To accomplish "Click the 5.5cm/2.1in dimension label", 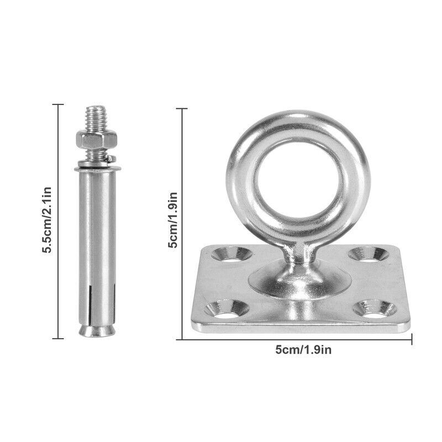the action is [47, 220].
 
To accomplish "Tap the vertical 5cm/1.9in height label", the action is [172, 220].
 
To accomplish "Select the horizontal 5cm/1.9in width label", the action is [303, 350].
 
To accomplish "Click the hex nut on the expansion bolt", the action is [96, 139].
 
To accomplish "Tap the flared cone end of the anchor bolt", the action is [96, 330].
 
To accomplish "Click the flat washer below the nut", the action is [98, 169].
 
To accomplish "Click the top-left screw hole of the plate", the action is [231, 254].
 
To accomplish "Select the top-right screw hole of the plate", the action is [369, 254].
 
